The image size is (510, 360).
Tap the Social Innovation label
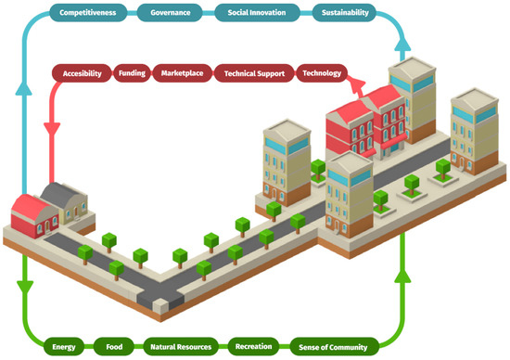258,14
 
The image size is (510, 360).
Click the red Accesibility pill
82,72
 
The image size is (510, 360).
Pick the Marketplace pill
182,72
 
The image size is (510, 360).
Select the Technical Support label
254,72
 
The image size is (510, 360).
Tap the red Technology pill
322,72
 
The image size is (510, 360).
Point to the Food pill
115,346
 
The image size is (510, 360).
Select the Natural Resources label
181,346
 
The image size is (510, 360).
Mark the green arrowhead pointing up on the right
402,275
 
